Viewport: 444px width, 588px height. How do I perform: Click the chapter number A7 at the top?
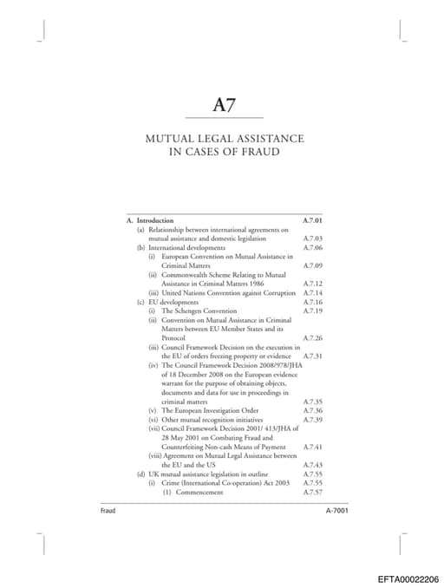[x=225, y=105]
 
